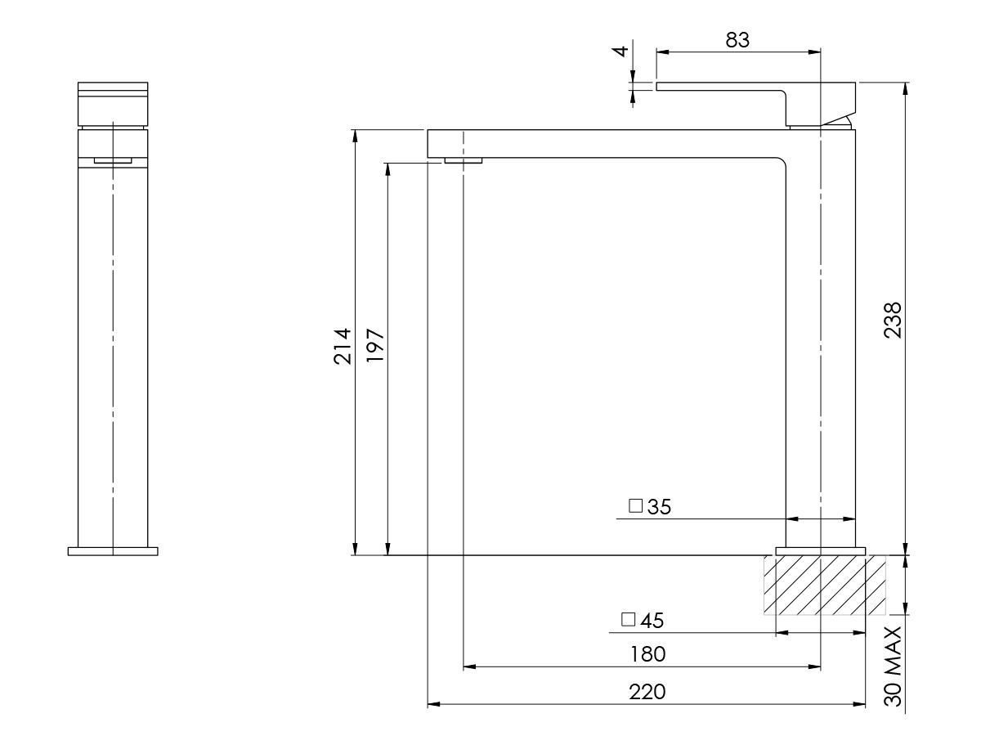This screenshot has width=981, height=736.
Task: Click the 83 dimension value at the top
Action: (737, 39)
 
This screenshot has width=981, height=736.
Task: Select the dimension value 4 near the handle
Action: (621, 51)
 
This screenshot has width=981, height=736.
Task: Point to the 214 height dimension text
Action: (343, 345)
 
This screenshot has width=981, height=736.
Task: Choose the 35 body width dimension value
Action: (659, 507)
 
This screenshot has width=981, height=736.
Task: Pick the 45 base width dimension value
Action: (652, 621)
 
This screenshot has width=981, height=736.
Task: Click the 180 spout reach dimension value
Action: (647, 654)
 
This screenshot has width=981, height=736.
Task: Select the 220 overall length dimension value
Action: (647, 692)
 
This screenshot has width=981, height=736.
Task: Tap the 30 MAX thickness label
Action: (893, 666)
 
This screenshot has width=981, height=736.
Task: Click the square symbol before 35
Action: (635, 506)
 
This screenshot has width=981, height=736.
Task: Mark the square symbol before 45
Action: (628, 620)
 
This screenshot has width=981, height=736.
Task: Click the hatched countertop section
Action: (824, 585)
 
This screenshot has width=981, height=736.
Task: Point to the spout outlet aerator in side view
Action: (464, 160)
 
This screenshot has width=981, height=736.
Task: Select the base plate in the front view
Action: (113, 551)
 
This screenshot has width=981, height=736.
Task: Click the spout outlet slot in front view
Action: (113, 160)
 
